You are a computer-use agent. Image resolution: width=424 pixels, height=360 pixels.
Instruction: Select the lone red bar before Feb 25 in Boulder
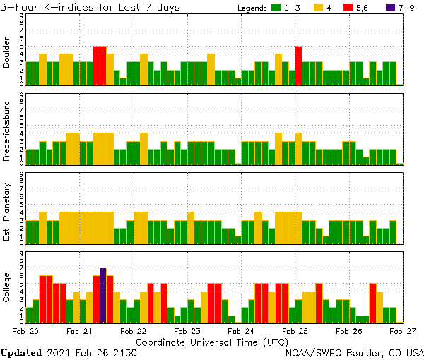click(298, 66)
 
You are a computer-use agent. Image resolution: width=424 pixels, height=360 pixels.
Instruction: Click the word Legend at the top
click(249, 7)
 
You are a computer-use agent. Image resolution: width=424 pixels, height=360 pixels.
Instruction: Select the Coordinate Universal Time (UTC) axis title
click(212, 341)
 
